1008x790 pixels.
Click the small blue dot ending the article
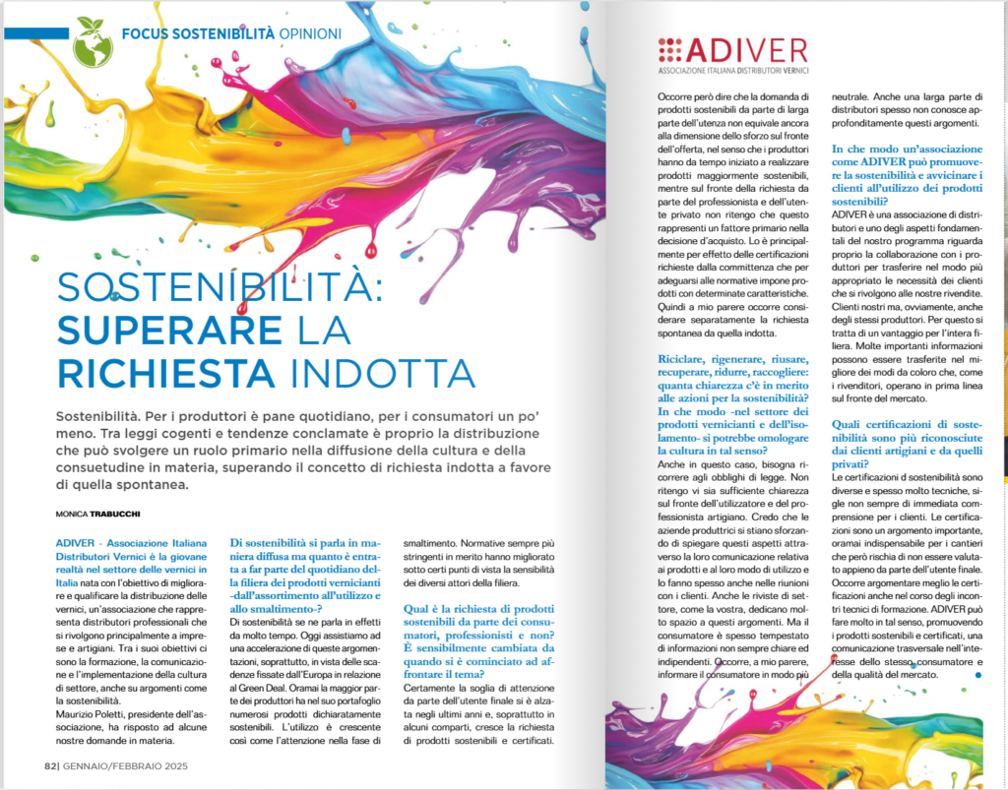click(976, 675)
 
